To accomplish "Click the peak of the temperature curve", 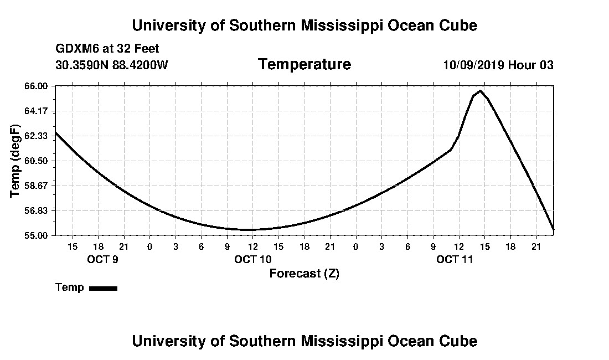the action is coord(481,91).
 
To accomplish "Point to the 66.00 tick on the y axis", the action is coord(36,86).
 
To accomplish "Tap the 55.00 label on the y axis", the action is coord(36,236).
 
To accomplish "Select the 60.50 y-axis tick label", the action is coord(36,161).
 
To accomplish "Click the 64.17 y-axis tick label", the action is coord(36,111).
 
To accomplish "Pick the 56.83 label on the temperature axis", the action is coord(36,211).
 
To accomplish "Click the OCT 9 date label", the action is coord(102,259).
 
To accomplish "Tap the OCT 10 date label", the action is coord(253,259).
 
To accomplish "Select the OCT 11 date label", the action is coord(455,259).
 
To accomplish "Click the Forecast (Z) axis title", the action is coord(304,274).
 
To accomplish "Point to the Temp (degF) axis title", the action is coord(15,161).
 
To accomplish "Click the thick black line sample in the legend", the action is coord(104,288).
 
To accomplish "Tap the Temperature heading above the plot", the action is coord(304,64).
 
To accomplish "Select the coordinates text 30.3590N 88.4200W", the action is coord(112,65).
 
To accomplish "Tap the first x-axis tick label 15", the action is coord(73,246).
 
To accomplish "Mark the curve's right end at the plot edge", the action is coord(554,230).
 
